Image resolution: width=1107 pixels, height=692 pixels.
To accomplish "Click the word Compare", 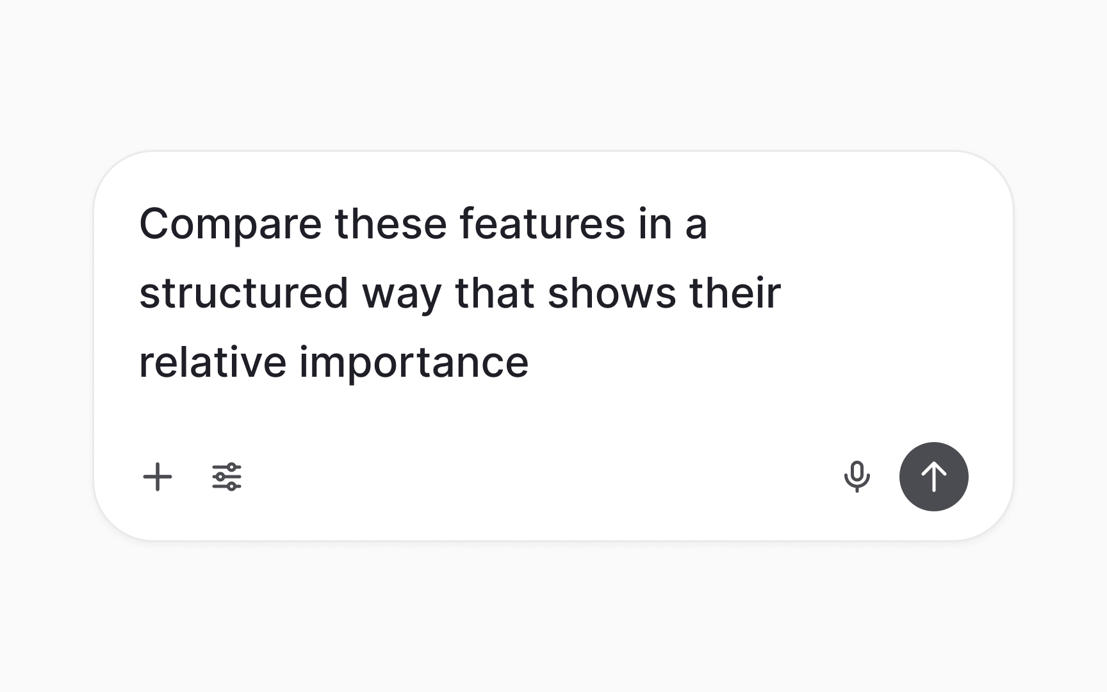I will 230,224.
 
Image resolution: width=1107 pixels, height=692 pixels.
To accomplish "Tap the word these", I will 390,224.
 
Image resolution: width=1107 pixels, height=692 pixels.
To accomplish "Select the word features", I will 542,224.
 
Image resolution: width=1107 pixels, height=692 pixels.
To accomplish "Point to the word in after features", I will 655,224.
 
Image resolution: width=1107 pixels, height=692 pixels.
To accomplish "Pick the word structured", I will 243,293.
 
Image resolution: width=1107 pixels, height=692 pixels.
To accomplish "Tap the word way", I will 402,295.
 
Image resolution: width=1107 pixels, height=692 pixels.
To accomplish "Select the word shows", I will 612,293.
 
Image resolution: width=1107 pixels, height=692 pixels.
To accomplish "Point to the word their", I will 735,293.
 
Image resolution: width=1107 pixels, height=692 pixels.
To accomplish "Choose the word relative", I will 212,363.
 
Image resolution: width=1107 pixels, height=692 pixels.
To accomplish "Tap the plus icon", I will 158,477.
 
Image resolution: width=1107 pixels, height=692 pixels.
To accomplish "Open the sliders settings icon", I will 227,477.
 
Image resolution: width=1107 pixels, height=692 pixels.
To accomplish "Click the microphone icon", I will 857,477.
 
